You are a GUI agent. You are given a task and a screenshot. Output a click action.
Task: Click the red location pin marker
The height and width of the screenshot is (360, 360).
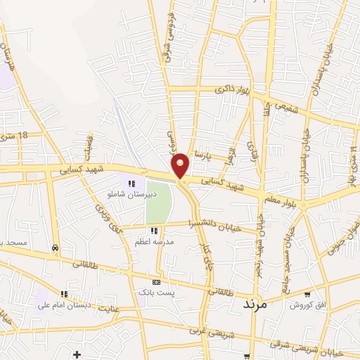pyautogui.click(x=181, y=166)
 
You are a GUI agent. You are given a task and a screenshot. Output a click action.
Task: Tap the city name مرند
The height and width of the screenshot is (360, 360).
pyautogui.click(x=255, y=304)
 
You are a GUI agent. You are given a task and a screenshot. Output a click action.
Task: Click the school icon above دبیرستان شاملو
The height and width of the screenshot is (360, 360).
pyautogui.click(x=130, y=184)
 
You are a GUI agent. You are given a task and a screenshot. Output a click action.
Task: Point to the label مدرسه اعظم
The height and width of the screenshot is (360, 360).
pyautogui.click(x=155, y=240)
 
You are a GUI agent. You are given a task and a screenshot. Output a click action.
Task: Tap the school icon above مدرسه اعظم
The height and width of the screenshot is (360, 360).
pyautogui.click(x=154, y=231)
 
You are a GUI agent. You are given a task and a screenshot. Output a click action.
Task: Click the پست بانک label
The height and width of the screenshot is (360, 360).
pyautogui.click(x=155, y=291)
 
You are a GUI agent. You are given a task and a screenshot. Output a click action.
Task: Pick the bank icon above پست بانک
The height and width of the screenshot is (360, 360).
pyautogui.click(x=155, y=282)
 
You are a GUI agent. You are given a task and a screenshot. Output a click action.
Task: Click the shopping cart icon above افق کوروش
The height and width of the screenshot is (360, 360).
pyautogui.click(x=307, y=295)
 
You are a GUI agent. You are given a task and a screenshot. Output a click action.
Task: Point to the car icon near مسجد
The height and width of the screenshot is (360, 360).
pyautogui.click(x=55, y=247)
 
